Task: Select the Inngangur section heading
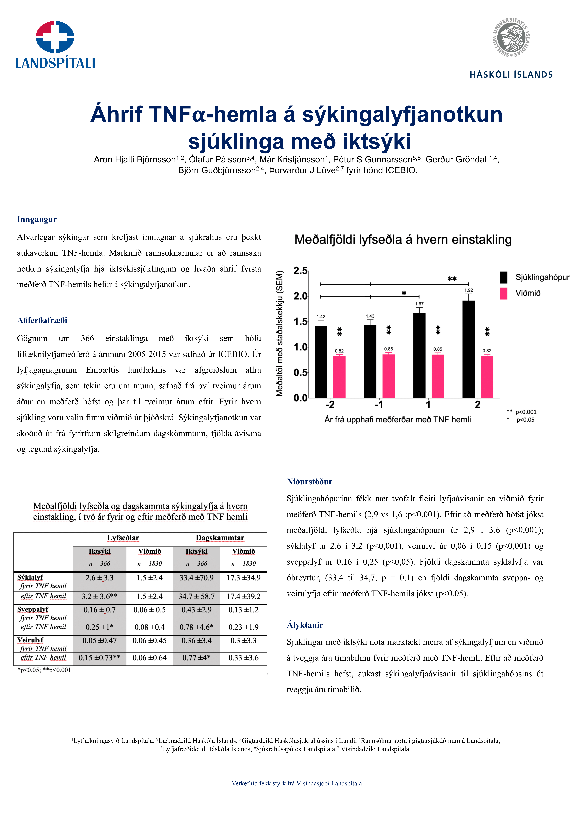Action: point(37,219)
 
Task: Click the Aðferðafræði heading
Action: point(42,320)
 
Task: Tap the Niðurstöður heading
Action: point(309,482)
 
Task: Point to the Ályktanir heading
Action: point(305,625)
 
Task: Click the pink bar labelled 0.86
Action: point(389,376)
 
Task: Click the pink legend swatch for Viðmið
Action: point(503,293)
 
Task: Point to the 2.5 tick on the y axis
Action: point(301,271)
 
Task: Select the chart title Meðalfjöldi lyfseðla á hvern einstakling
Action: point(403,240)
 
